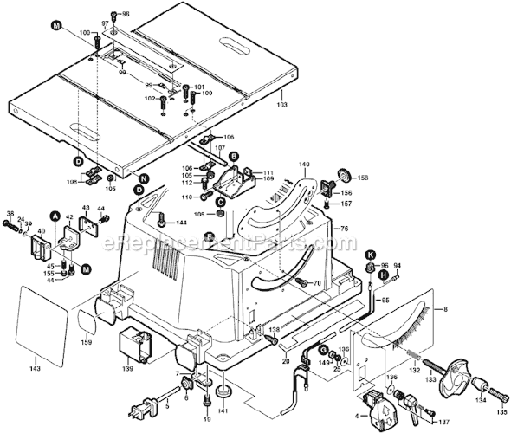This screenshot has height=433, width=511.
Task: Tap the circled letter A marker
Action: tap(55, 216)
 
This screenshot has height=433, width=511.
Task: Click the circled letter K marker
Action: tap(370, 254)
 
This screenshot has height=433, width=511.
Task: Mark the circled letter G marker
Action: tap(322, 349)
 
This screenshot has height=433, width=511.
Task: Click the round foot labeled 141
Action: tap(225, 391)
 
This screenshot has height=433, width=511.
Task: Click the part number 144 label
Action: tap(181, 223)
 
